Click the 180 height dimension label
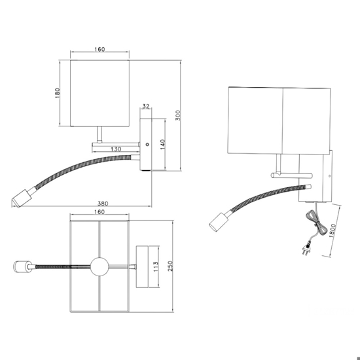[57, 93]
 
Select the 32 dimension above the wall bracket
[146, 106]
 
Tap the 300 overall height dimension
[178, 115]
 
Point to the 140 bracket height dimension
[162, 144]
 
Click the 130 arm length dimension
[116, 149]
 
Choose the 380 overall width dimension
[103, 204]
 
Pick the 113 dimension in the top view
[155, 266]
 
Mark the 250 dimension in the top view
[170, 266]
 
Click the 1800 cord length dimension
[333, 230]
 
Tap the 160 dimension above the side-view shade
[99, 49]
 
